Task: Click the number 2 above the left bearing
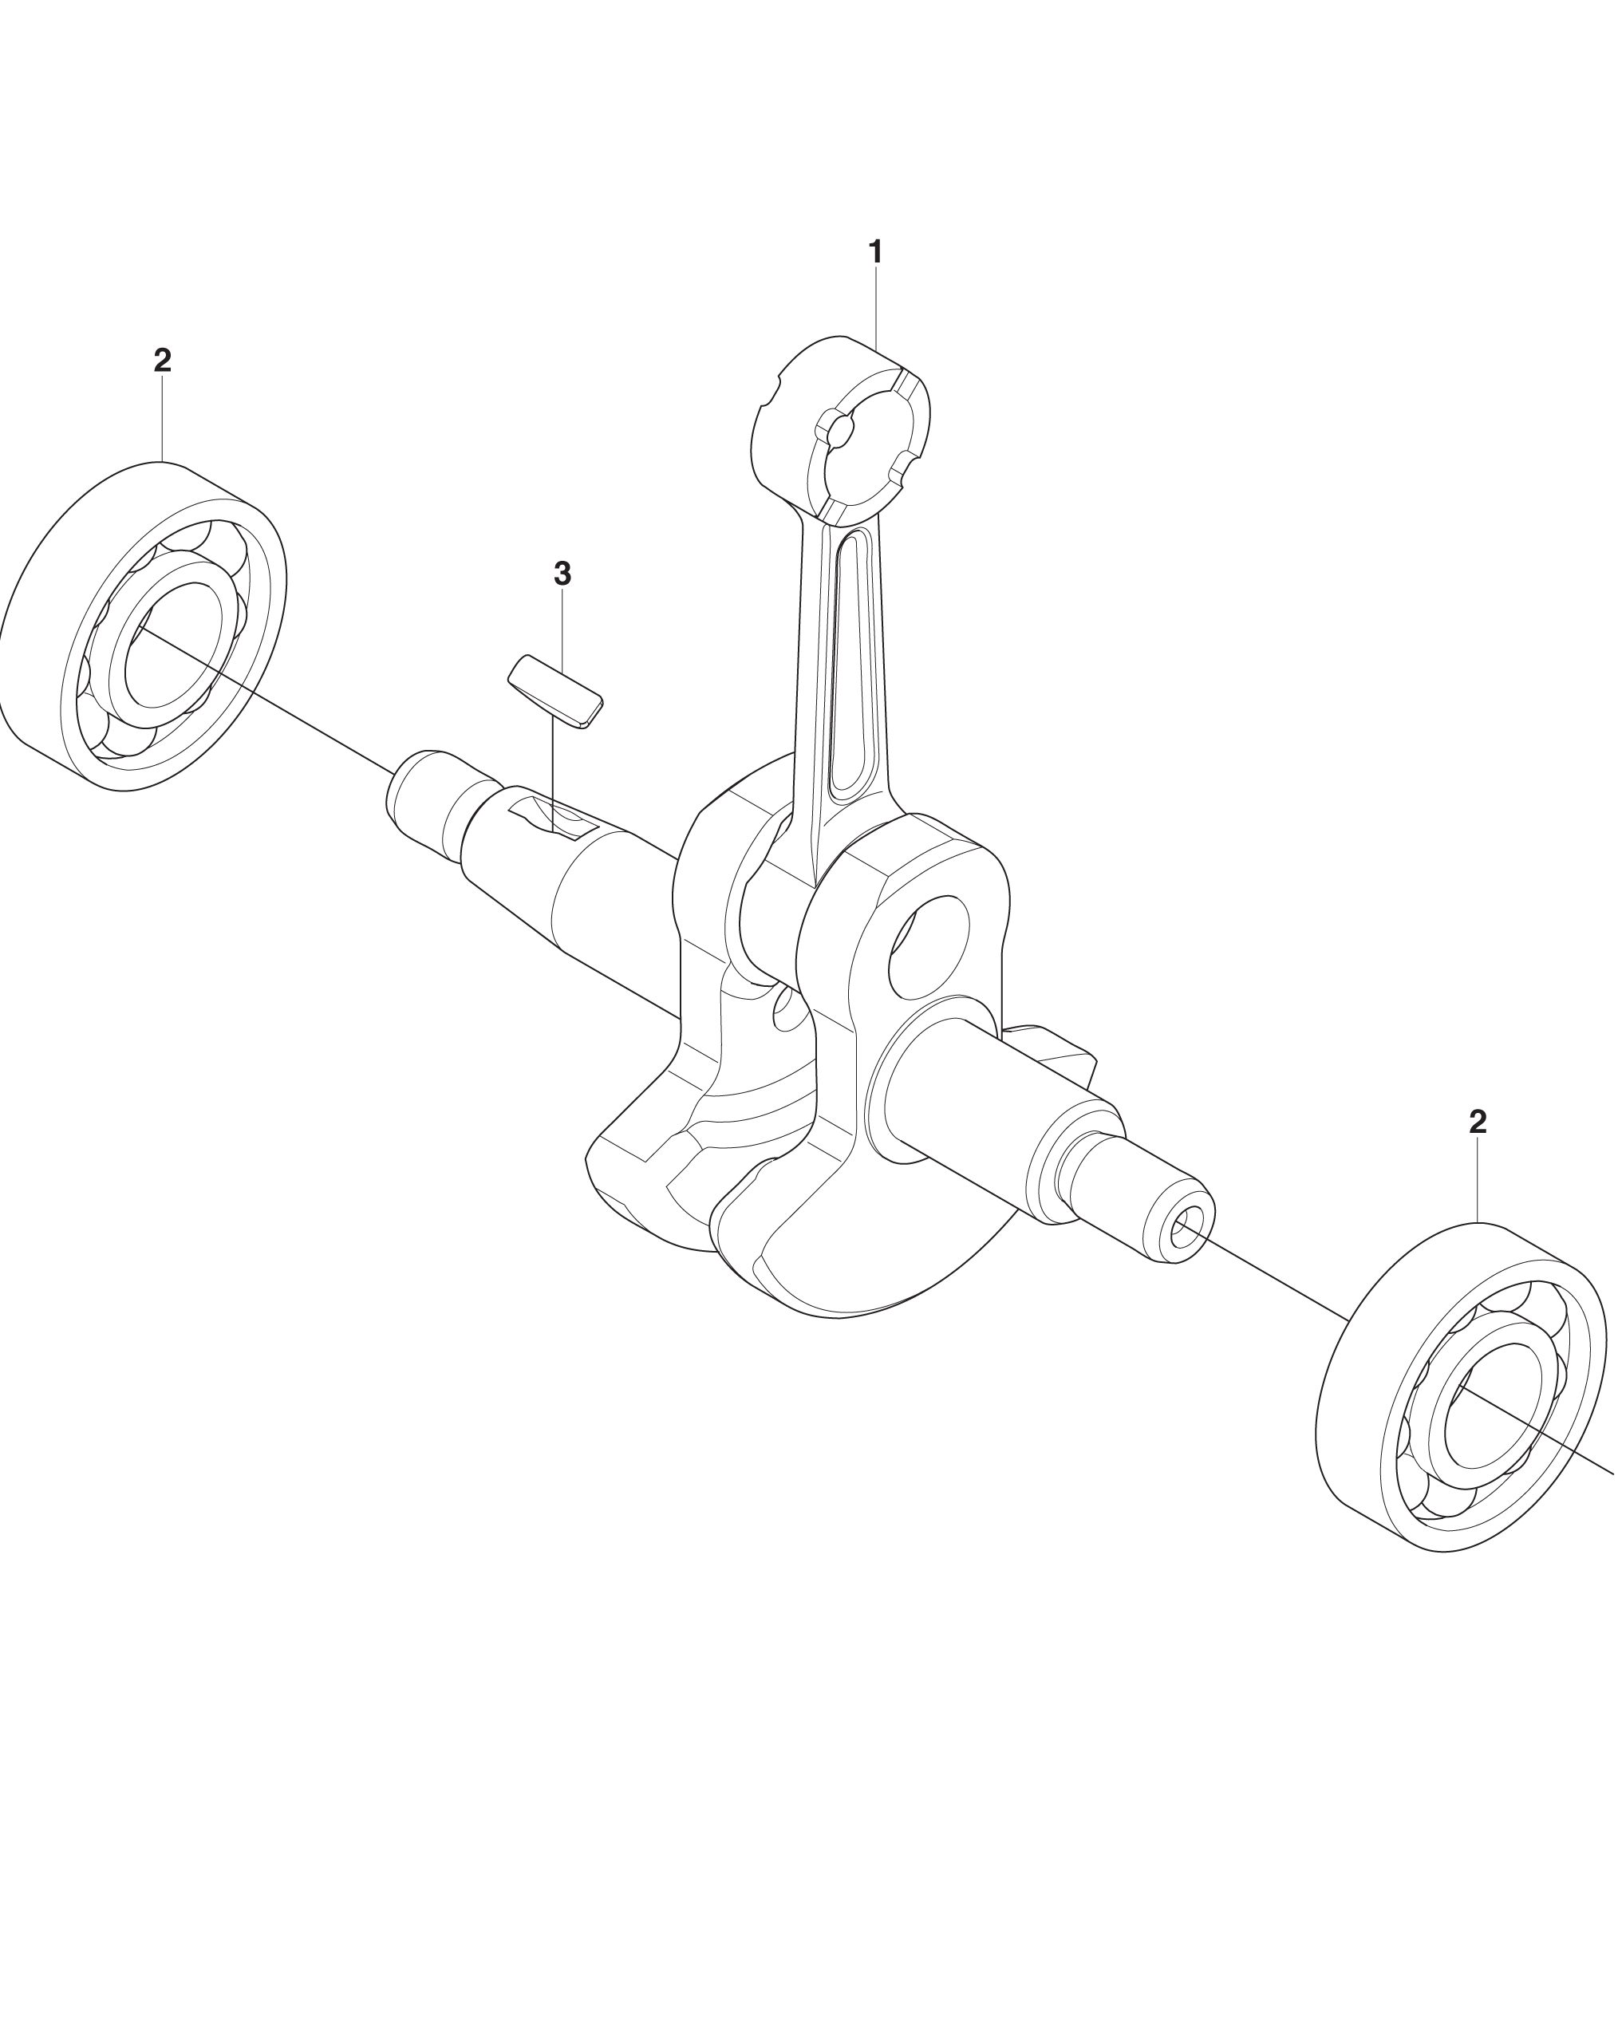[163, 360]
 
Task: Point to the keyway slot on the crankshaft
[554, 819]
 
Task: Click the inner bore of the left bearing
[174, 645]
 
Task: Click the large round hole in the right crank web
[928, 947]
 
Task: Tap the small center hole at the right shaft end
[1182, 1231]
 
